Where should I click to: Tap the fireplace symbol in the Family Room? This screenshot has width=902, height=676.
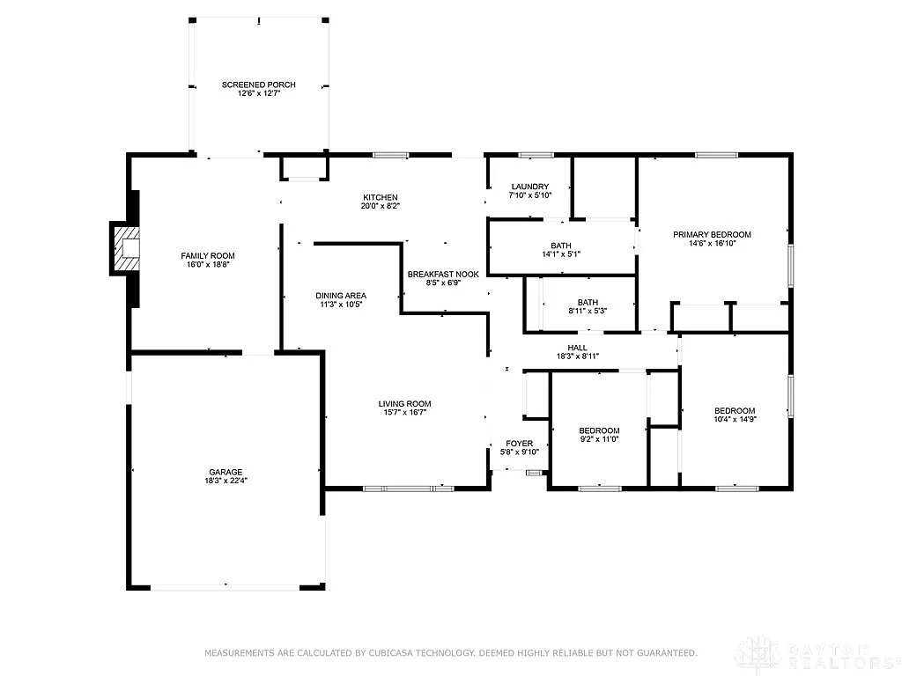125,249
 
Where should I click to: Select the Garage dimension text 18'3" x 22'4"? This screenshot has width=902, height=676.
225,481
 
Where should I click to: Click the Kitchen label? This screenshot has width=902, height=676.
381,197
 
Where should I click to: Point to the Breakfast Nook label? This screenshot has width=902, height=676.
443,275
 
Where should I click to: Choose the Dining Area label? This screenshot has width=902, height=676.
341,296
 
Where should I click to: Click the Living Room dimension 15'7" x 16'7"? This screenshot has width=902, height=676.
405,413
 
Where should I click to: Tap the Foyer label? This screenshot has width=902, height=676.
518,443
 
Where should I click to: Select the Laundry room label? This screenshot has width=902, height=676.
530,187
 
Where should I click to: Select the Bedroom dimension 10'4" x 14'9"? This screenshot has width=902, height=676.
734,420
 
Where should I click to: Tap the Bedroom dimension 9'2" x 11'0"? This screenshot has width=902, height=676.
599,438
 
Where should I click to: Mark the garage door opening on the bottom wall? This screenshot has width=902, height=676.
226,585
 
